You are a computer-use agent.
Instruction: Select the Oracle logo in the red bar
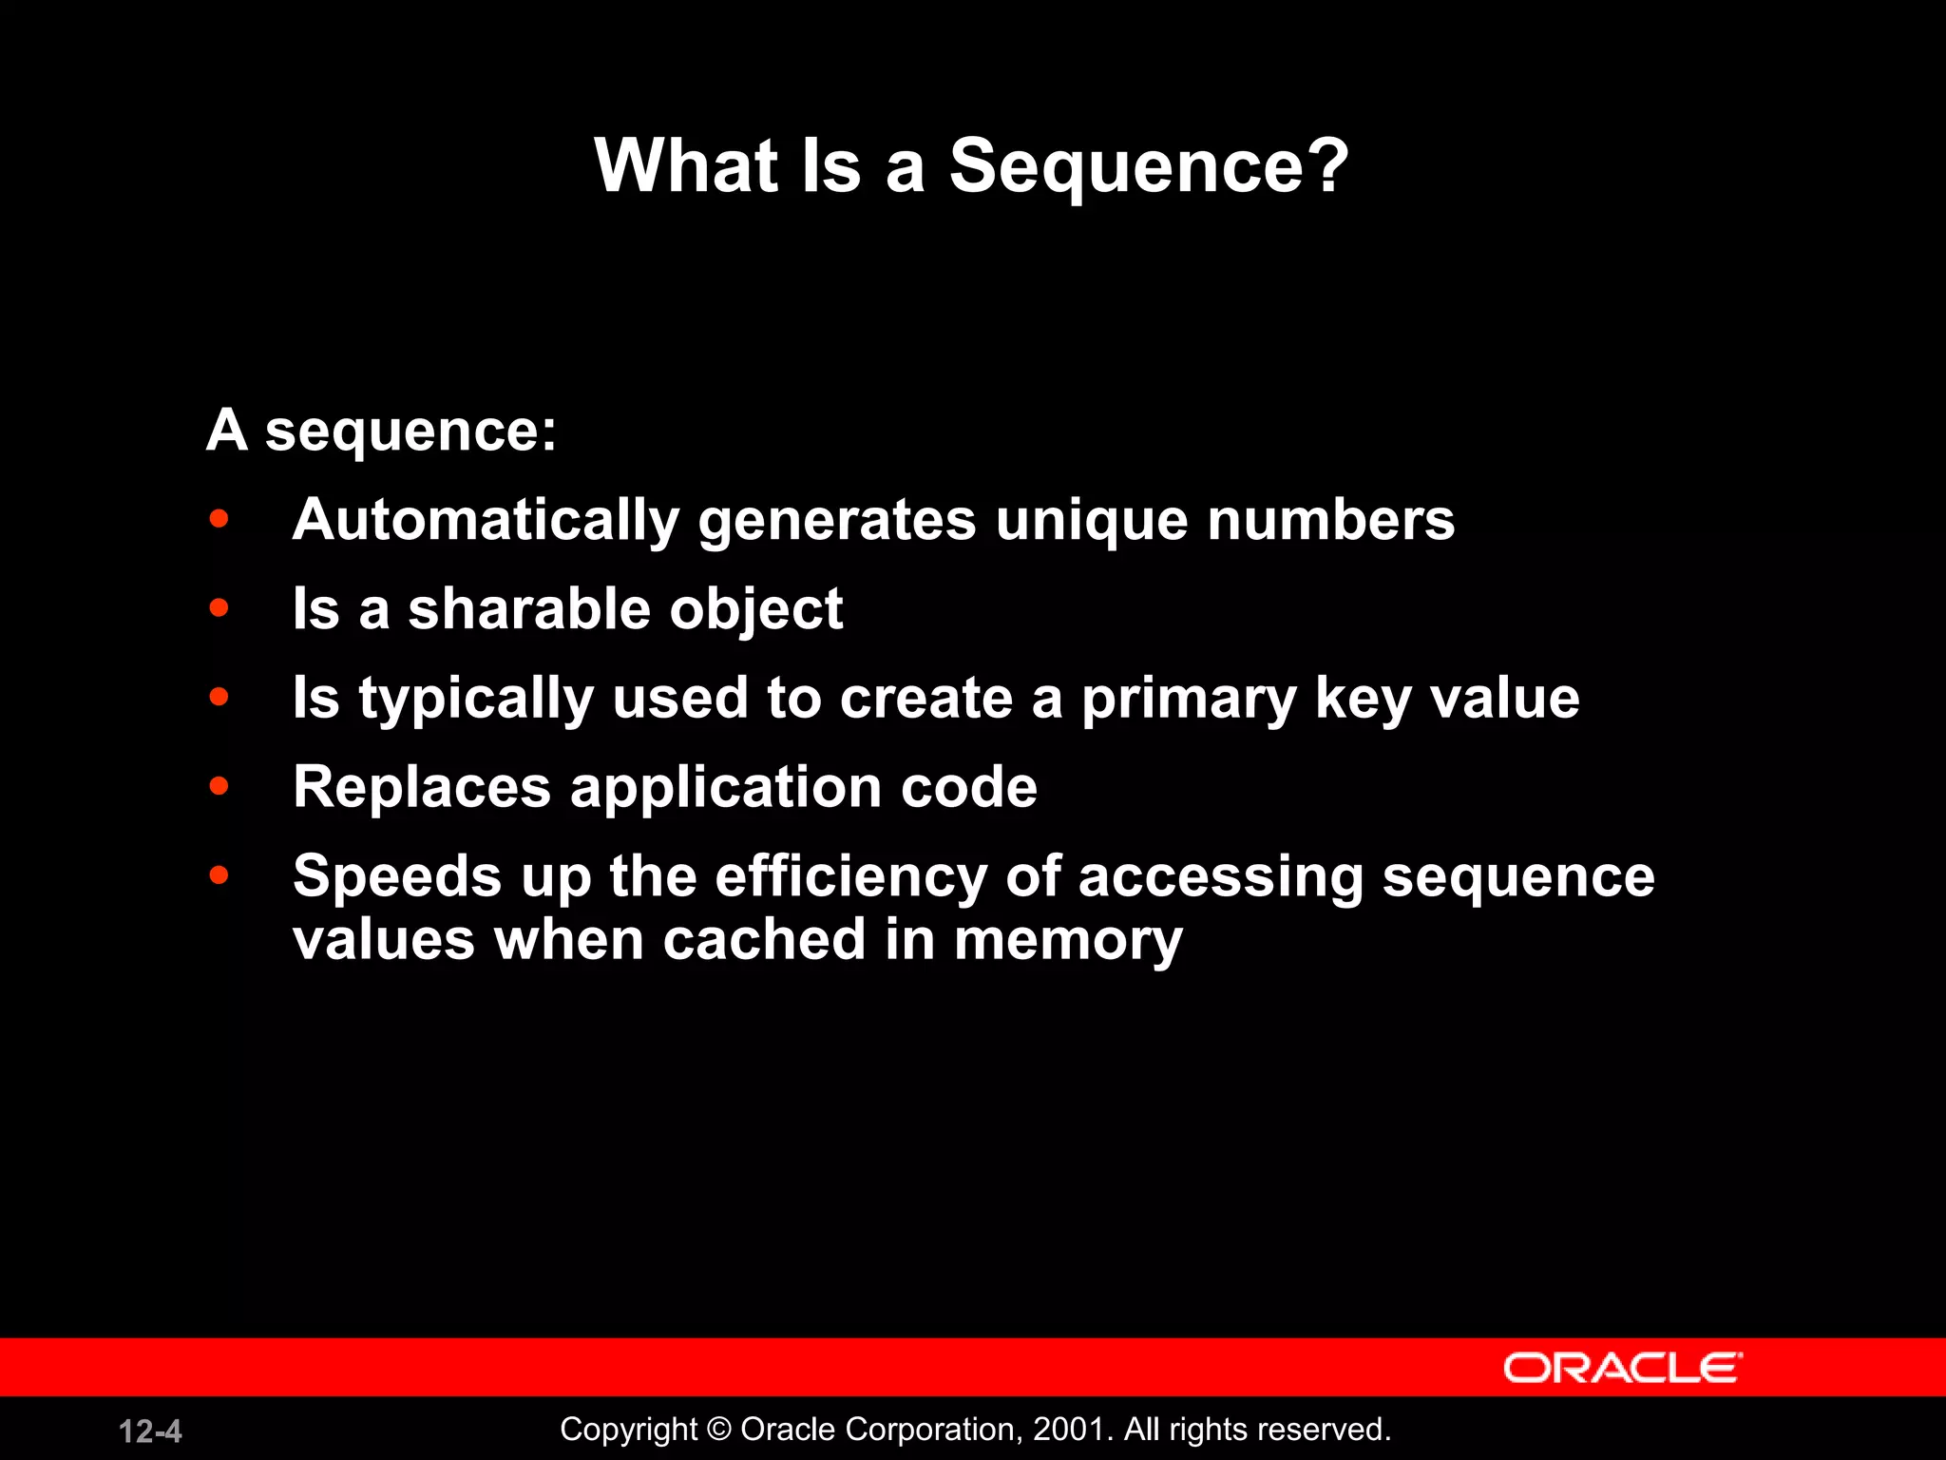(x=1622, y=1368)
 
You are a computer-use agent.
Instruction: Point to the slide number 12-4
(x=150, y=1431)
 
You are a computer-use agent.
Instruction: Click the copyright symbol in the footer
(x=719, y=1430)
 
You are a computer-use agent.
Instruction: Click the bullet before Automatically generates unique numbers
(x=219, y=519)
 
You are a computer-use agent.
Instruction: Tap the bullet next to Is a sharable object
(x=219, y=608)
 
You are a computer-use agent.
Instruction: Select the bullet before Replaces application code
(x=219, y=786)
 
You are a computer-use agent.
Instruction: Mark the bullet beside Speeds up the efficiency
(x=219, y=874)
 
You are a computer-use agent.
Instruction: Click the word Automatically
(x=486, y=521)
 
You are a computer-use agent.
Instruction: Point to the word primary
(x=1189, y=700)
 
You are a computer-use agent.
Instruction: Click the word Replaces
(x=422, y=787)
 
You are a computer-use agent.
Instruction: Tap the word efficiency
(x=850, y=876)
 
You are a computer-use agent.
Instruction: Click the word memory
(x=1069, y=941)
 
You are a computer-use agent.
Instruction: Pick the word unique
(x=1092, y=521)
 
